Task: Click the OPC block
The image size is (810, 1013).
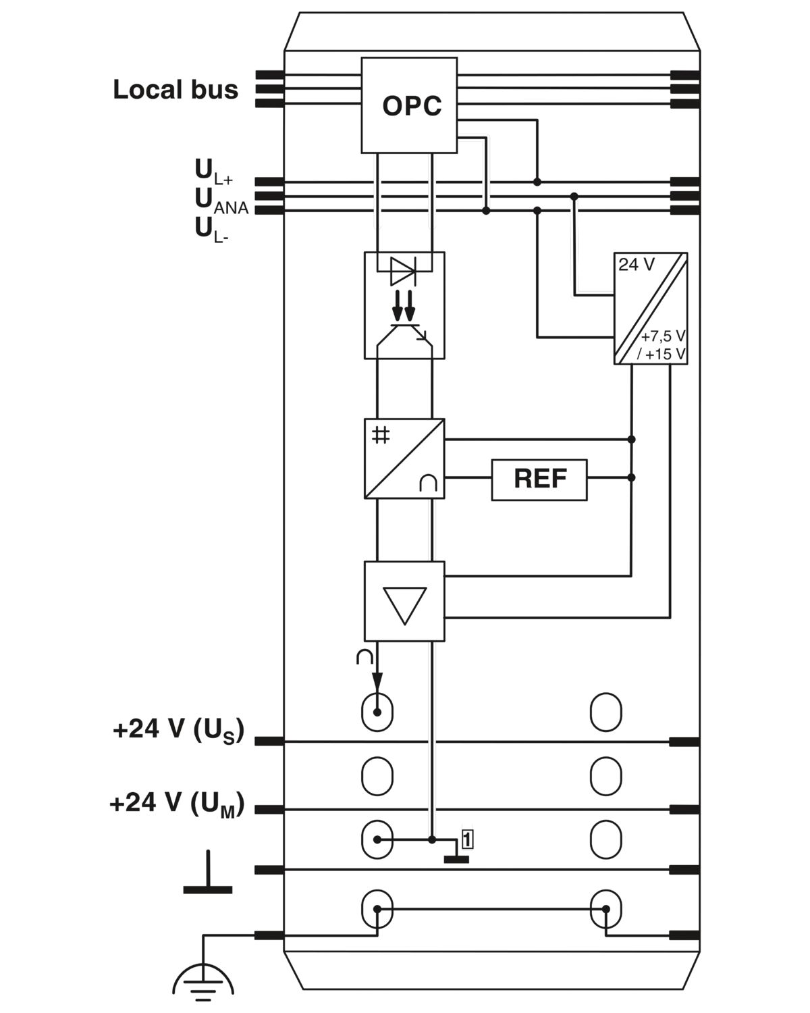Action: click(409, 105)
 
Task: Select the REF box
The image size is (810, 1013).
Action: click(539, 479)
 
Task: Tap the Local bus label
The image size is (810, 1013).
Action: click(175, 89)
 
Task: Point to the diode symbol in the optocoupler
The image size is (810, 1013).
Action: click(403, 271)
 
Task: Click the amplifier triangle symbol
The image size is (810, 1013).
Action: click(405, 605)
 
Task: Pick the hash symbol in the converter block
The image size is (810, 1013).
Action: click(381, 435)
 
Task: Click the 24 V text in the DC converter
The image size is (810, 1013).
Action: click(637, 265)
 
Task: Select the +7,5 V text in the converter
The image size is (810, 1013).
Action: click(663, 336)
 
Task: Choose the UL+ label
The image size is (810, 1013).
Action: click(214, 172)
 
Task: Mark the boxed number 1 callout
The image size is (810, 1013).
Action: click(467, 840)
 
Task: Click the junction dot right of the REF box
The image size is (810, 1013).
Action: click(632, 477)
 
